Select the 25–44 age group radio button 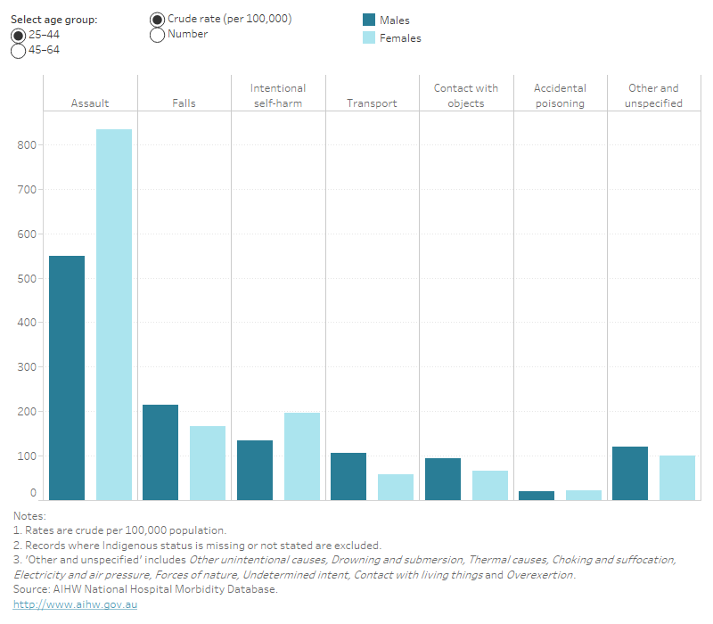click(18, 35)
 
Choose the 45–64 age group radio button click(18, 51)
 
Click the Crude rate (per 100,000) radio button click(158, 20)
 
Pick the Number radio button click(158, 35)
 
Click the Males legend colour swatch click(368, 21)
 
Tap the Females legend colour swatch click(368, 38)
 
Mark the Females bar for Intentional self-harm click(302, 456)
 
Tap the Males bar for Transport click(348, 476)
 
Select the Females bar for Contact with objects click(490, 485)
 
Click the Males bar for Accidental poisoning click(537, 495)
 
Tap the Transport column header click(372, 103)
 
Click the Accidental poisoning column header click(560, 95)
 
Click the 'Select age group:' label click(53, 20)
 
